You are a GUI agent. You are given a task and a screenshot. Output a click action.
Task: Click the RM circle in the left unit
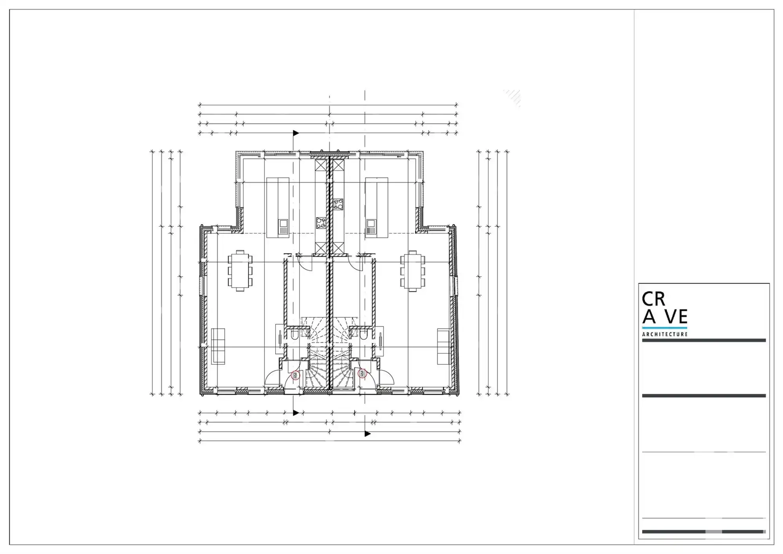(295, 377)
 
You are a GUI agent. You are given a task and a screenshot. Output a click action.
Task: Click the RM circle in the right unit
(363, 373)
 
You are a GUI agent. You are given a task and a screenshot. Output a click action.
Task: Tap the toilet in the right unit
(363, 334)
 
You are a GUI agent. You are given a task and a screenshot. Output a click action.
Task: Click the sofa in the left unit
(218, 346)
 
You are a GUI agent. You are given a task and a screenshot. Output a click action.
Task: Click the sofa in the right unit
(444, 346)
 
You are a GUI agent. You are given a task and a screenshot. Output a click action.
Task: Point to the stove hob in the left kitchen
(321, 223)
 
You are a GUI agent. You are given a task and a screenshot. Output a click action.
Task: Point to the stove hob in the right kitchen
(338, 204)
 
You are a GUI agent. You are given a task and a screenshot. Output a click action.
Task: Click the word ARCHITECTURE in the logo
(665, 334)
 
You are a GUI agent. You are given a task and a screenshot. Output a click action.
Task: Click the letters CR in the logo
(653, 299)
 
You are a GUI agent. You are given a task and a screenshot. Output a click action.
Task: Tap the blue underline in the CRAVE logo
(665, 328)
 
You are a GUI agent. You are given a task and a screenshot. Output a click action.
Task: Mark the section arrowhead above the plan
(296, 133)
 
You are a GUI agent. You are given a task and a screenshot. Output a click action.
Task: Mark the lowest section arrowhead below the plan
(367, 434)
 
